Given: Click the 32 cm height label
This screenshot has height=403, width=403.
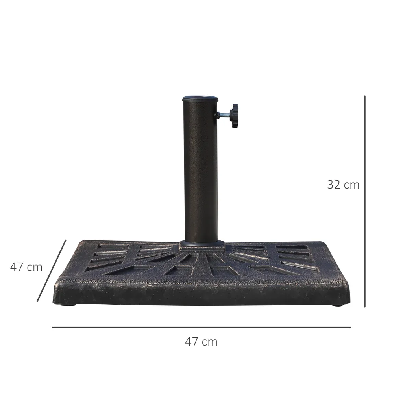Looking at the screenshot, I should pyautogui.click(x=343, y=185).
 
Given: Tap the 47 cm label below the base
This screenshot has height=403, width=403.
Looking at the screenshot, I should pyautogui.click(x=201, y=342).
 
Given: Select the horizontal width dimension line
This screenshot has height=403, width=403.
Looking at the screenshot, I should pyautogui.click(x=201, y=327).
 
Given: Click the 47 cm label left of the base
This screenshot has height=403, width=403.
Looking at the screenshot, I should pyautogui.click(x=26, y=267).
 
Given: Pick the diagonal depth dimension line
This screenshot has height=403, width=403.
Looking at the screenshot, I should pyautogui.click(x=52, y=271).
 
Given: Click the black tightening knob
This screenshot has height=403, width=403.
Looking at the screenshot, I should pyautogui.click(x=235, y=116).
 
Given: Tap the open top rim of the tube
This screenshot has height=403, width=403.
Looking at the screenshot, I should pyautogui.click(x=200, y=97).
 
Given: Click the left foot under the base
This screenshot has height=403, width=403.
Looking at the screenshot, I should pyautogui.click(x=69, y=305).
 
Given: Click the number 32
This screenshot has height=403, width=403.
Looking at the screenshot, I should pyautogui.click(x=334, y=185).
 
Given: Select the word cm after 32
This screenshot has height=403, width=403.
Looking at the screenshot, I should pyautogui.click(x=351, y=185).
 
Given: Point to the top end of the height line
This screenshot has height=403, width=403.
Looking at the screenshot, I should pyautogui.click(x=365, y=96).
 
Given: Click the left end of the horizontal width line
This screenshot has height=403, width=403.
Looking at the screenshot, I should pyautogui.click(x=53, y=327).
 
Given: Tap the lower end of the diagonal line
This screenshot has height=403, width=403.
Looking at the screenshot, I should pyautogui.click(x=38, y=301).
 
